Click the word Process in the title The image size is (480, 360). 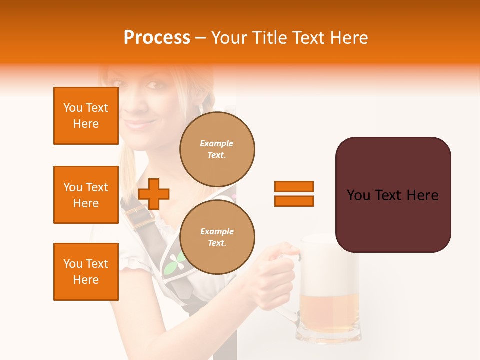click(157, 38)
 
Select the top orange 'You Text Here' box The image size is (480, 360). click(86, 116)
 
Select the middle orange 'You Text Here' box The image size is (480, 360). click(86, 195)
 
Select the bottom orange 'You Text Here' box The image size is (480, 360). click(86, 272)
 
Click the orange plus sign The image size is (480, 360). click(154, 193)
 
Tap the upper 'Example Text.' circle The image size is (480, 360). click(217, 149)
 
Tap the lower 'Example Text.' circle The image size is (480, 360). click(217, 237)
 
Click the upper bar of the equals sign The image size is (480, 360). click(294, 186)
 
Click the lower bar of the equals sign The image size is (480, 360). click(294, 201)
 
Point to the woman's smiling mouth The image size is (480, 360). click(137, 123)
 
